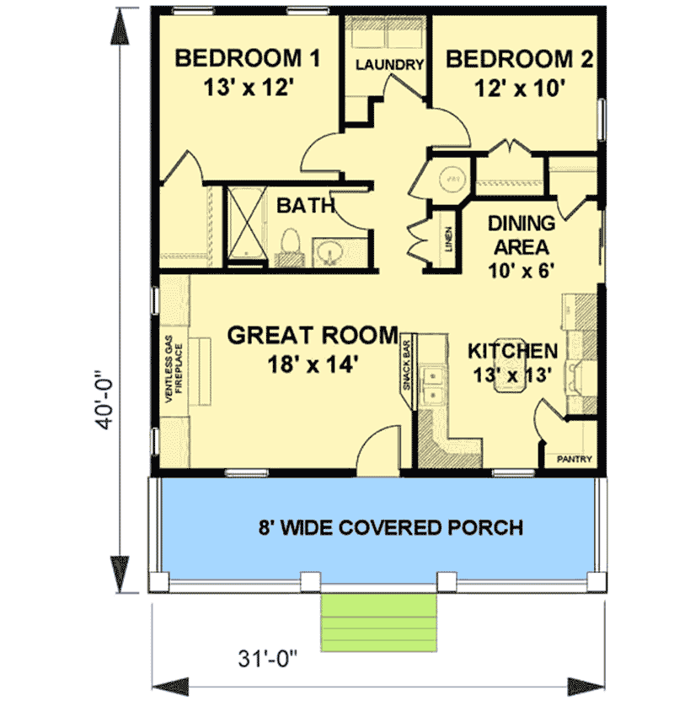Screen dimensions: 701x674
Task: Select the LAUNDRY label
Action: [388, 65]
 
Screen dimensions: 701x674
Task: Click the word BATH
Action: [307, 204]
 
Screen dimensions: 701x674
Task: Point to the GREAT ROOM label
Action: [313, 335]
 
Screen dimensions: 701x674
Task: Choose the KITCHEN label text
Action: [512, 350]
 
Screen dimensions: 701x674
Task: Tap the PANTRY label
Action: [574, 460]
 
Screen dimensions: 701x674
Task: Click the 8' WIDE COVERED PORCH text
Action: [378, 528]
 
